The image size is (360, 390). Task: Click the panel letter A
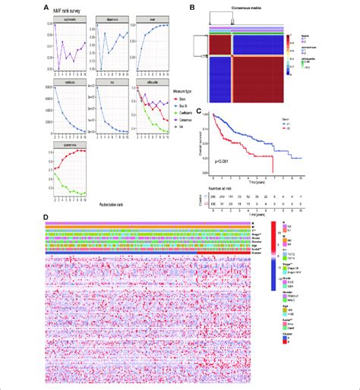click(48, 9)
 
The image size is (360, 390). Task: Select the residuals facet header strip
click(69, 78)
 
